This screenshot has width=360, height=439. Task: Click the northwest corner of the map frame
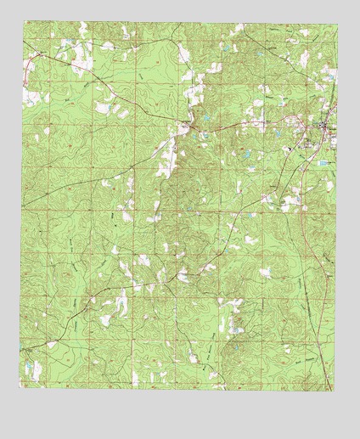(x=23, y=22)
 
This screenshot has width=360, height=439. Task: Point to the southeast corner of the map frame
(x=335, y=391)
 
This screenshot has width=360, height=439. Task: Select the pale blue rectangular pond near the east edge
(x=329, y=161)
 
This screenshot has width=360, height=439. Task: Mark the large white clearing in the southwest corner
(x=36, y=369)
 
